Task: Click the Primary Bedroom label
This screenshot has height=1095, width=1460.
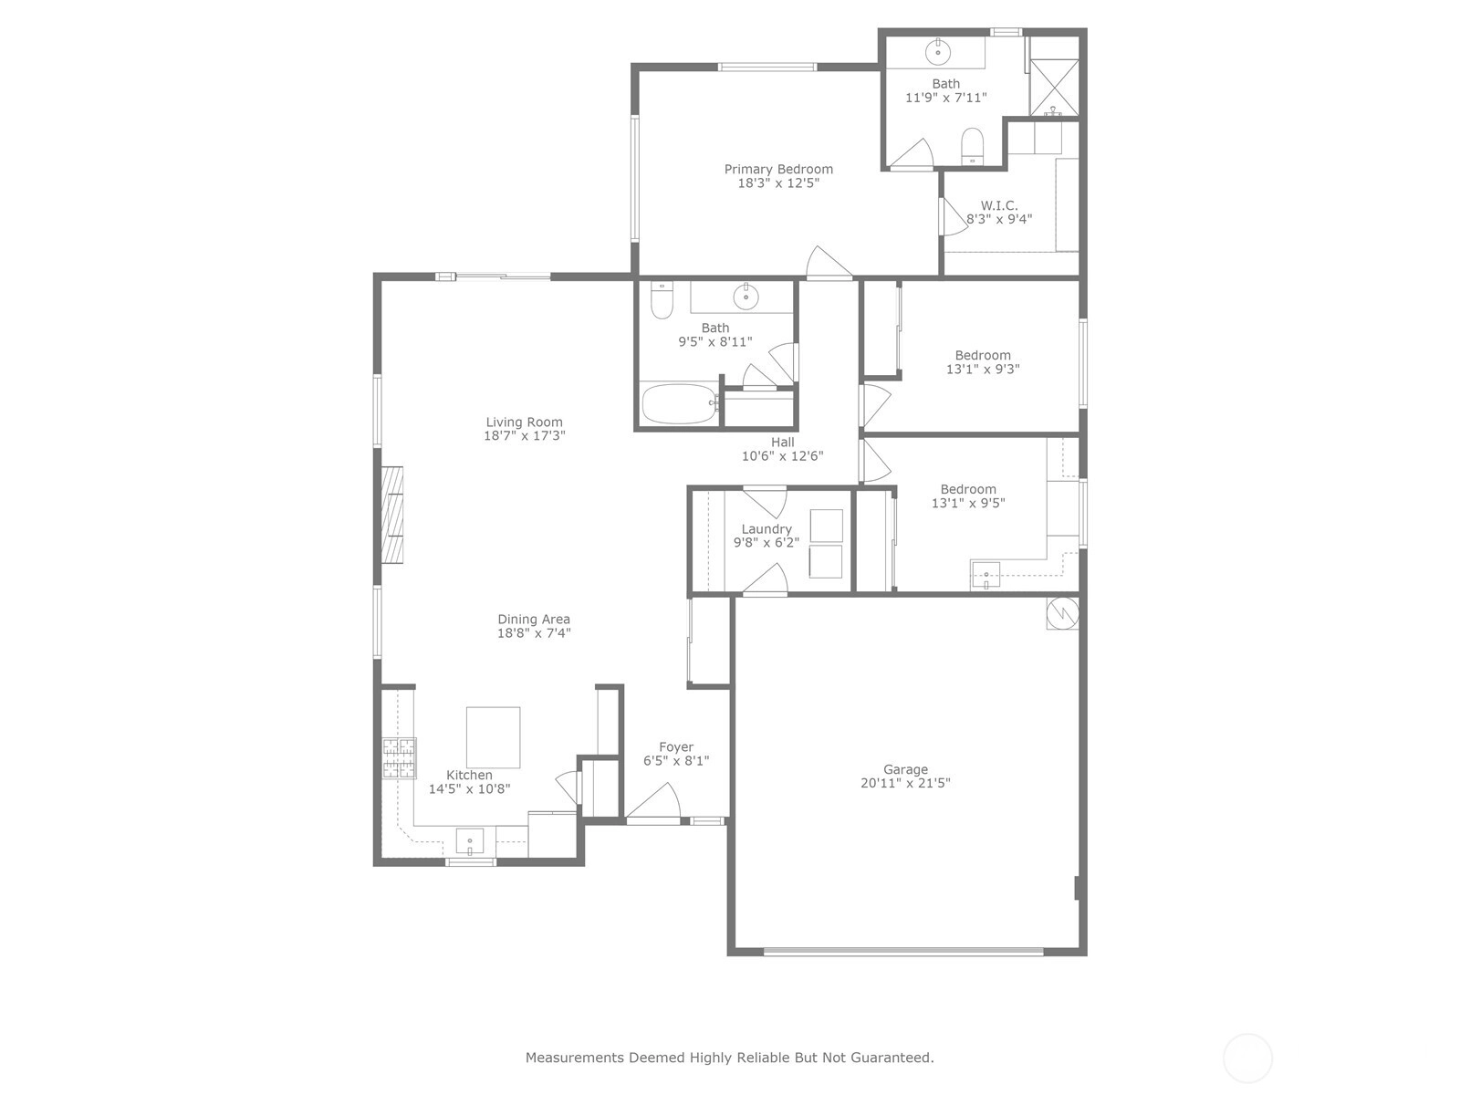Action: [778, 169]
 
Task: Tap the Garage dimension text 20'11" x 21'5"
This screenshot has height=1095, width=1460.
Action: [905, 783]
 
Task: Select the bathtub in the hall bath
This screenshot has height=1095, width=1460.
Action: [679, 403]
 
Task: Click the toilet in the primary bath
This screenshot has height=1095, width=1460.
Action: [973, 145]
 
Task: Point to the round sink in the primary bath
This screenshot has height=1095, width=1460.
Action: [938, 51]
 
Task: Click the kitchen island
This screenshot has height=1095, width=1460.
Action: [493, 736]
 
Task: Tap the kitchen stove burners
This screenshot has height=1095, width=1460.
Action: [399, 758]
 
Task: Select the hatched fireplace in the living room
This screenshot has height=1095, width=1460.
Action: [392, 516]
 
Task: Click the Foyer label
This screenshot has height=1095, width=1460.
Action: [676, 746]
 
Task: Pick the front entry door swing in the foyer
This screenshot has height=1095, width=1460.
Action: [655, 800]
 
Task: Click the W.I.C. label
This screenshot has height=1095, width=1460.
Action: [999, 205]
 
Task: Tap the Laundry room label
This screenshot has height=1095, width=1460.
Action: [766, 529]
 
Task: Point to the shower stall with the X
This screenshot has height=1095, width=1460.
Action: [1054, 87]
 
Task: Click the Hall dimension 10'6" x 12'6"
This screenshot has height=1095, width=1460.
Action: [782, 456]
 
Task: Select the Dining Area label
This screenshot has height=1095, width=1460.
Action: [534, 619]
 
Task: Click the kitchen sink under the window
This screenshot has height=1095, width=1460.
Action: [470, 841]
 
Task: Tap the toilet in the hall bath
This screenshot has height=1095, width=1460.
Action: [662, 300]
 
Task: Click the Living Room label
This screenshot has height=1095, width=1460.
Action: [524, 422]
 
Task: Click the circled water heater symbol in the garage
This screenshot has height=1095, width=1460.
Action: [1062, 613]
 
